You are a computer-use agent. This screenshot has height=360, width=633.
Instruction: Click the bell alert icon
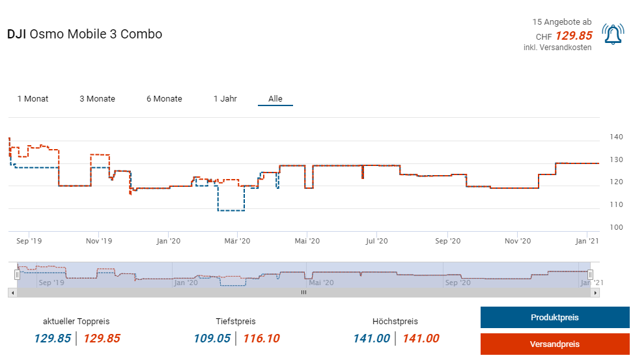coord(613,35)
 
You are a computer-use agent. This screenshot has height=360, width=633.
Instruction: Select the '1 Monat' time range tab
coord(33,99)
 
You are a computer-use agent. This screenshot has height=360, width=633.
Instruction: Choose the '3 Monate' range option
coord(97,99)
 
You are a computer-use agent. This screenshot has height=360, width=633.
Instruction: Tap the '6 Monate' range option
coord(164,99)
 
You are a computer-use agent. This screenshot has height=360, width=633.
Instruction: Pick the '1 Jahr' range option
coord(225,99)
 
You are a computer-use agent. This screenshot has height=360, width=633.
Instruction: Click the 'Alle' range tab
coord(275,99)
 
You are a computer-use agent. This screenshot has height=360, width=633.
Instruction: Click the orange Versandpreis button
coord(555,344)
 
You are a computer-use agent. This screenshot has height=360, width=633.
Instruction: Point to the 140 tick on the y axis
coord(617,137)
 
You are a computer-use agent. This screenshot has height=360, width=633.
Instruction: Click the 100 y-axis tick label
coord(617,227)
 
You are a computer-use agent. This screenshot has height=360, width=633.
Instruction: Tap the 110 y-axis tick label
coord(617,204)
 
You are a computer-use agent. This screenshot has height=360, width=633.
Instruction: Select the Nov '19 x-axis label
coord(98,241)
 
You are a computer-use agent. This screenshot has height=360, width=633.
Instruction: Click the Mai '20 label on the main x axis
coord(307,241)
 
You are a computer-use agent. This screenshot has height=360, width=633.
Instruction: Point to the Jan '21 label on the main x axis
coord(587,241)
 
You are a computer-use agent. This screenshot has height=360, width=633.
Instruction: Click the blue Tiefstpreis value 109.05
coord(212,339)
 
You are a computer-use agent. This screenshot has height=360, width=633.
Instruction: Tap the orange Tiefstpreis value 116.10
coord(262,339)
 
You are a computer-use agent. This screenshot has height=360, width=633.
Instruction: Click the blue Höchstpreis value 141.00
coord(371,339)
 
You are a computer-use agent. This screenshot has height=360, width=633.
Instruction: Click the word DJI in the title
coord(17,35)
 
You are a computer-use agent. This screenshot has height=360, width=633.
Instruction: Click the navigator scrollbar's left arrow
coord(12,293)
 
